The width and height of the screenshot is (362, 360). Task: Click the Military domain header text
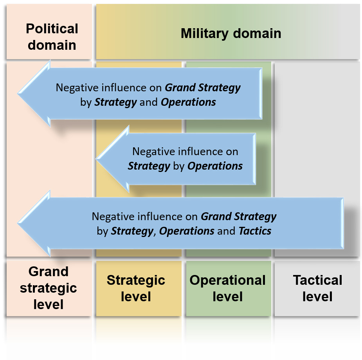click(231, 33)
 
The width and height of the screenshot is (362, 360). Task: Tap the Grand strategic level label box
click(49, 288)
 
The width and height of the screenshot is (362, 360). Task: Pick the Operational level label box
click(228, 288)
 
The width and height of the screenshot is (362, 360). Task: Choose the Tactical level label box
click(317, 288)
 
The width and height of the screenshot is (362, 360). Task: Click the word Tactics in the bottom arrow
click(255, 231)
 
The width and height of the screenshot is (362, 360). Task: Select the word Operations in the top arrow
click(188, 102)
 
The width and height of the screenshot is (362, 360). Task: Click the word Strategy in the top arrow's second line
click(115, 102)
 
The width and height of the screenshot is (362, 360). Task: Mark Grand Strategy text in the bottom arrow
click(238, 216)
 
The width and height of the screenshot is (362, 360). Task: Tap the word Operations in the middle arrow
click(215, 166)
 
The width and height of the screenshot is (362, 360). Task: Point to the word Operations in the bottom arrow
click(187, 231)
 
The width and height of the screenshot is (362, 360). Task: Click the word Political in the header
click(52, 29)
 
